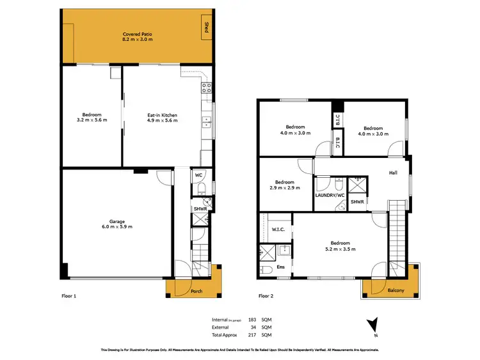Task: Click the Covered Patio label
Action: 137,36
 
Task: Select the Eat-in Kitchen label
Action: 162,118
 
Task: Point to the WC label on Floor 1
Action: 198,175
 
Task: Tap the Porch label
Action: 197,292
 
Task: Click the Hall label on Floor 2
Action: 393,172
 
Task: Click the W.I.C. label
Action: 278,229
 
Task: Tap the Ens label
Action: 280,267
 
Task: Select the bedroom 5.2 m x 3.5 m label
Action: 340,246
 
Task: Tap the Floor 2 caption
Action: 266,297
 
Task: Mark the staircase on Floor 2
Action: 397,230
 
